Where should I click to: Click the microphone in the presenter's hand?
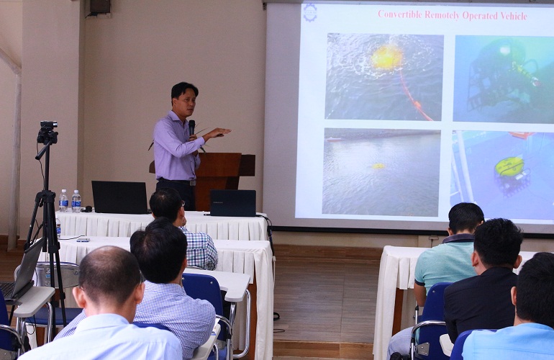tap(191, 127)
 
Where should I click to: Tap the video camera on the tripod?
tap(47, 132)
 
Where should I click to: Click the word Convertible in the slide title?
tap(399, 14)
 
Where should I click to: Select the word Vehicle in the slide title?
tap(514, 16)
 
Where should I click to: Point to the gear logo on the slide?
tap(310, 13)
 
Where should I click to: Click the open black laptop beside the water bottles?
tap(119, 197)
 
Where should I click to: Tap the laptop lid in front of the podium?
tap(233, 203)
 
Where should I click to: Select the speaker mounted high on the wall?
tap(99, 8)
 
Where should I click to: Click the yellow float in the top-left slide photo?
tap(386, 58)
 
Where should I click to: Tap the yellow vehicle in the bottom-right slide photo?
tap(509, 166)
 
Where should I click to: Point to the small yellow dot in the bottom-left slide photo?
tap(378, 166)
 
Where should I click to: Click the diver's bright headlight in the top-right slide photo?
tap(504, 50)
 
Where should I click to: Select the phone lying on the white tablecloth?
tap(83, 240)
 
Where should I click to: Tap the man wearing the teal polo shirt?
tap(447, 269)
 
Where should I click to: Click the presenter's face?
tap(186, 103)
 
